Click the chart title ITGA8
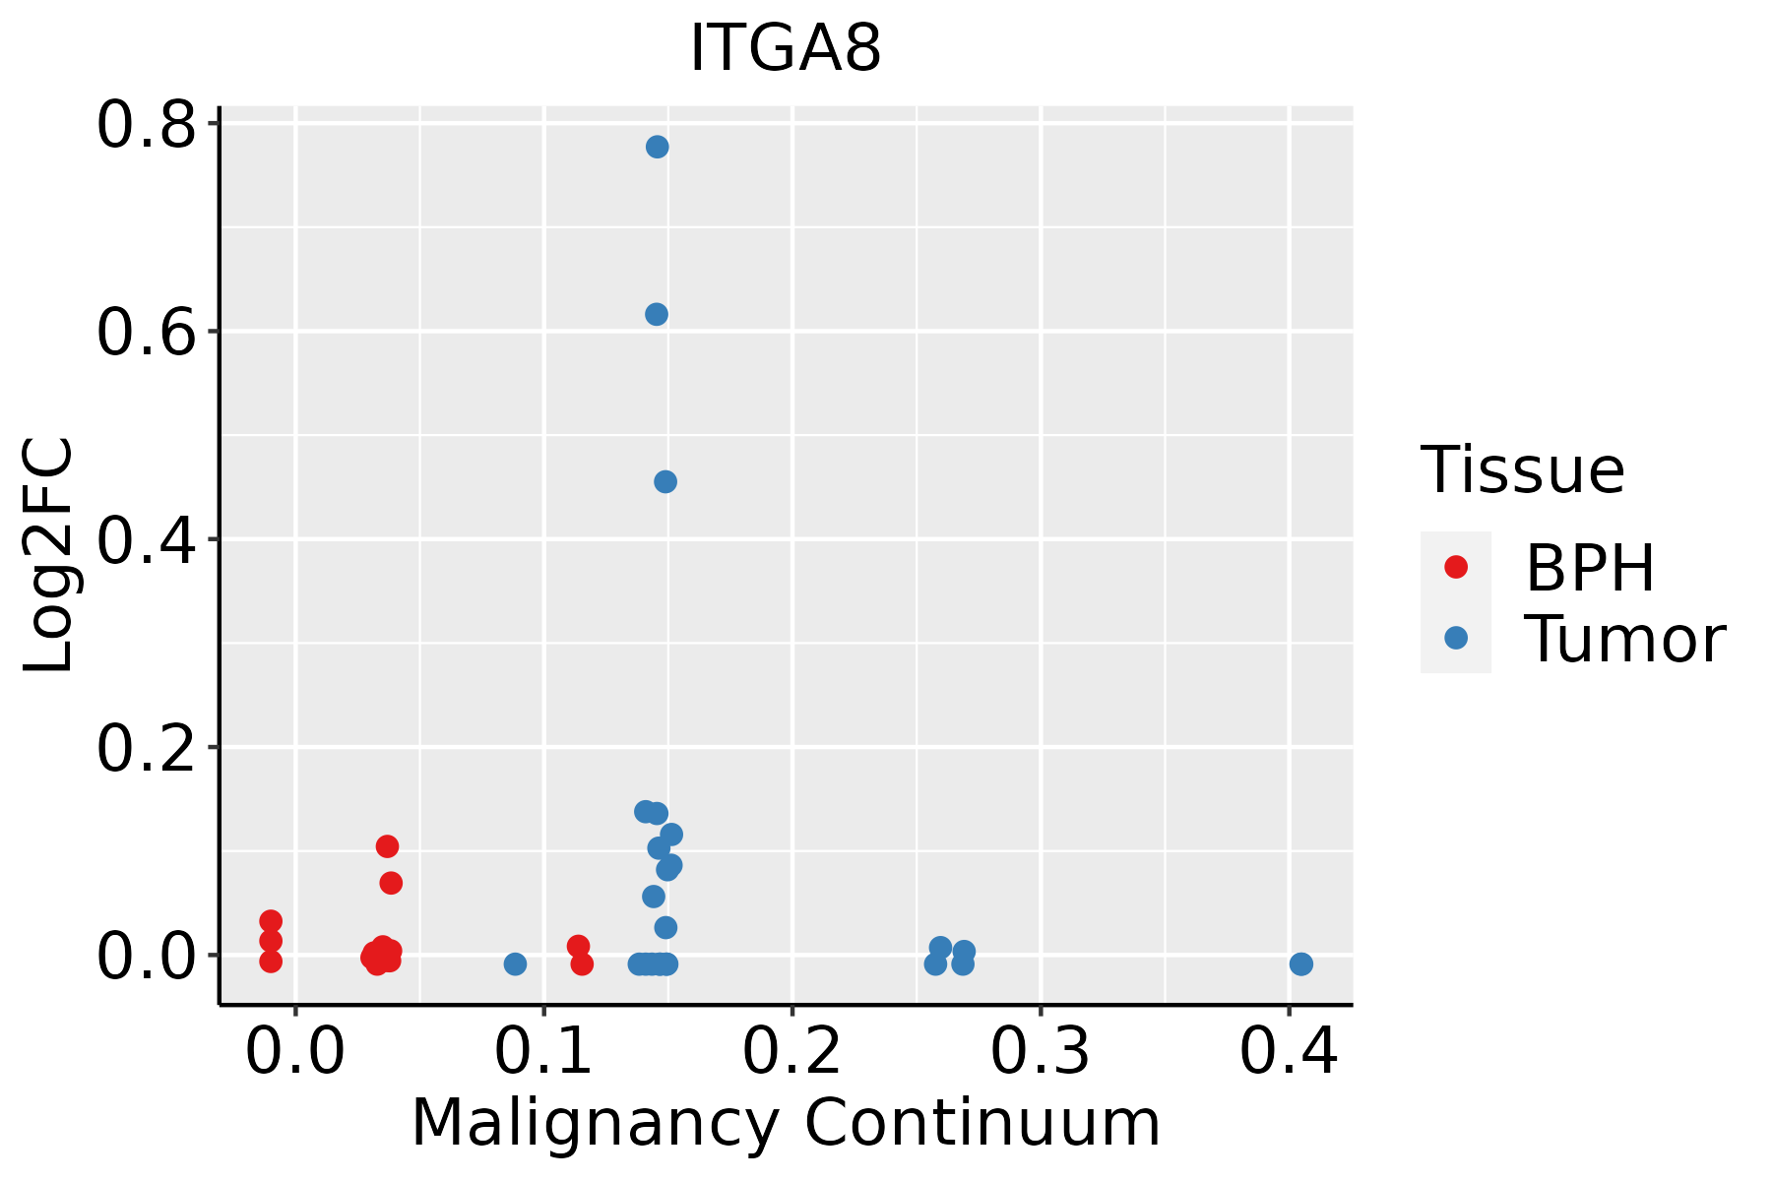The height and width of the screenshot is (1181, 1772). (786, 47)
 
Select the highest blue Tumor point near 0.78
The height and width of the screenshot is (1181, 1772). (658, 147)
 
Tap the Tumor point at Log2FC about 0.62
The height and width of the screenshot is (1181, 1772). (657, 314)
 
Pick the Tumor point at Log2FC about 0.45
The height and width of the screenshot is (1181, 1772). (665, 481)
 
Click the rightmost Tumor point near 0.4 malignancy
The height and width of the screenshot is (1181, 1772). (1301, 963)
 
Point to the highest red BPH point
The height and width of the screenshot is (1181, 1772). (388, 846)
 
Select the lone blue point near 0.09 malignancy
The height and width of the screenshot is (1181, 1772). (515, 963)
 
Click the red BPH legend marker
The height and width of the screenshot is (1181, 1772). (1455, 567)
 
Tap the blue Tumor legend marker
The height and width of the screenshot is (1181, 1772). (1455, 638)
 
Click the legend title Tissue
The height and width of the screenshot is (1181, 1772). (1522, 470)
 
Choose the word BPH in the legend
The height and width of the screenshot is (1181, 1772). (1590, 568)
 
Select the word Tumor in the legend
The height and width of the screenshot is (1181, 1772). (1624, 640)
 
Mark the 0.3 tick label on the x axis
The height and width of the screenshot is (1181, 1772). (1040, 1051)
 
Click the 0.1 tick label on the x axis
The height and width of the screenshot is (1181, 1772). (543, 1051)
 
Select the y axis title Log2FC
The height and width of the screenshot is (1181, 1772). (49, 556)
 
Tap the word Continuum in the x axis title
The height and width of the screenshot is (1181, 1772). (982, 1123)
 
